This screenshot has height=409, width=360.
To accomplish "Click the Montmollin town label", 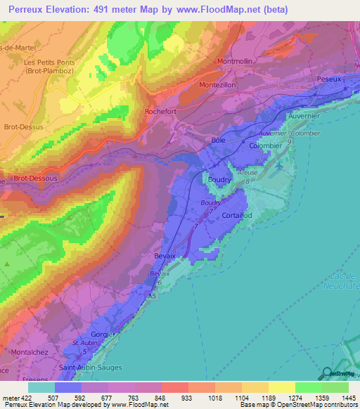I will tap(240, 61).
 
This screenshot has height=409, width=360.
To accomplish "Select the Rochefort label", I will tap(161, 111).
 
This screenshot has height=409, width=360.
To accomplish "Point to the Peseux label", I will tap(329, 79).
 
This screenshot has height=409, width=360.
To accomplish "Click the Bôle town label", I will tap(217, 140).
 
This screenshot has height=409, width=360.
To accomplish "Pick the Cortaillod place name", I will tap(237, 215).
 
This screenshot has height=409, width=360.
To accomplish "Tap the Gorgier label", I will tap(103, 335).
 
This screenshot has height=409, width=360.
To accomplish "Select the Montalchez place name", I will tap(28, 351).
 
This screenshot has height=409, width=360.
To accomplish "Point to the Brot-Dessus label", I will tap(23, 127).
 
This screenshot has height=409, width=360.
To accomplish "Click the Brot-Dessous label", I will tap(35, 178).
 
